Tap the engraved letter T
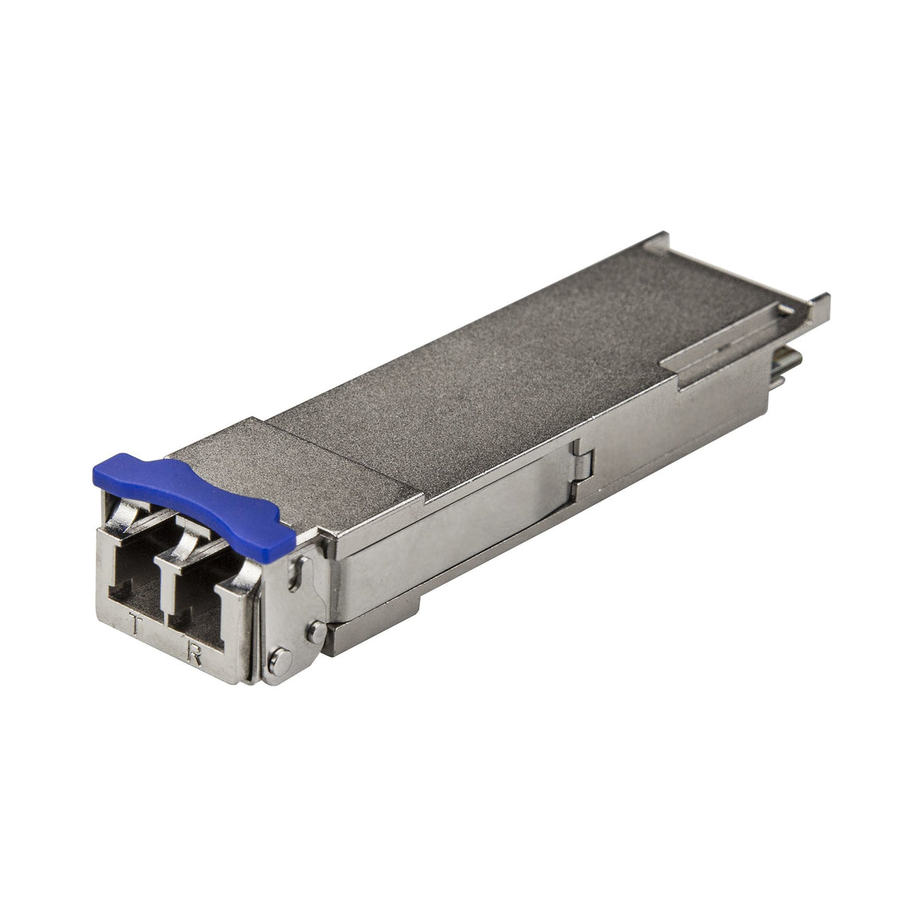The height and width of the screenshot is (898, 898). [135, 626]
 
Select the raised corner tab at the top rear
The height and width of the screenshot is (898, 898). [657, 242]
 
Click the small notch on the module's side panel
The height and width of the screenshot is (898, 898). [584, 459]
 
